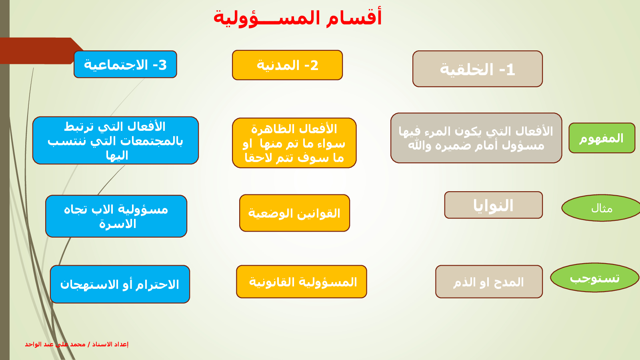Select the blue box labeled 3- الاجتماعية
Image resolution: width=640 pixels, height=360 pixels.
(126, 64)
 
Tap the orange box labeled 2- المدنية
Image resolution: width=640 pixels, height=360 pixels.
(288, 65)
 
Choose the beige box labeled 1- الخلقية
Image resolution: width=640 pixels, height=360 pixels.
(478, 69)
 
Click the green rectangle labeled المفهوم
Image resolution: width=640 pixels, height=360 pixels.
(602, 138)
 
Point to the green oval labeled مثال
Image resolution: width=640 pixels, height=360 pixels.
(602, 208)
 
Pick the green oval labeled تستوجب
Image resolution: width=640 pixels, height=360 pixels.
(594, 278)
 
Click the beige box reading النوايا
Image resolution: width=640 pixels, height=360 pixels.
(494, 205)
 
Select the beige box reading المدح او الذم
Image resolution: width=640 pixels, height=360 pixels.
(489, 282)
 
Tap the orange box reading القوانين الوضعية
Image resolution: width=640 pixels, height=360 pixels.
(294, 213)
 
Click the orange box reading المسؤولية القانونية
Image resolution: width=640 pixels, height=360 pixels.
(302, 282)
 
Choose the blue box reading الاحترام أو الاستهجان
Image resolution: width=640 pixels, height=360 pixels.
(120, 284)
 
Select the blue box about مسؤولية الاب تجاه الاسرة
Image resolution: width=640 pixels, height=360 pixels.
(116, 216)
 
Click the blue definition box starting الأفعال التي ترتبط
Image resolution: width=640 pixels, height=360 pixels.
(116, 140)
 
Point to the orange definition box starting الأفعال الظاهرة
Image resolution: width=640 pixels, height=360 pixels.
(294, 143)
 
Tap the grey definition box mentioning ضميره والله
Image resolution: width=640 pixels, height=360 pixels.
(476, 138)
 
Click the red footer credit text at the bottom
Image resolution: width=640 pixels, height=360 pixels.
(76, 344)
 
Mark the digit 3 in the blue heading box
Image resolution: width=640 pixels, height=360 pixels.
(162, 65)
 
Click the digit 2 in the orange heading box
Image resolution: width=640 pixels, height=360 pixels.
(314, 66)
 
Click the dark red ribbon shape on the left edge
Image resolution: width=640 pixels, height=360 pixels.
(37, 51)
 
